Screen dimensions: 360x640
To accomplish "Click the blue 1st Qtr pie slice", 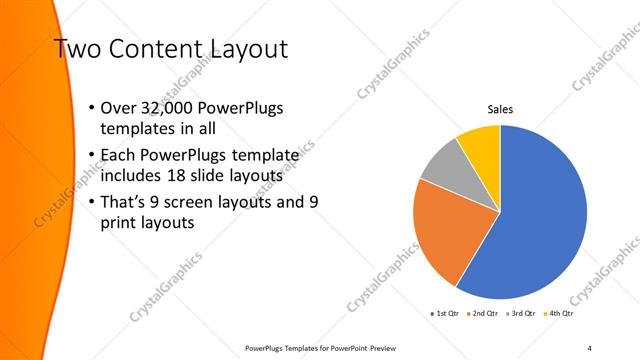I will pos(540,220).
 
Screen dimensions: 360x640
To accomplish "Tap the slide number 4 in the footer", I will pos(589,347).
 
